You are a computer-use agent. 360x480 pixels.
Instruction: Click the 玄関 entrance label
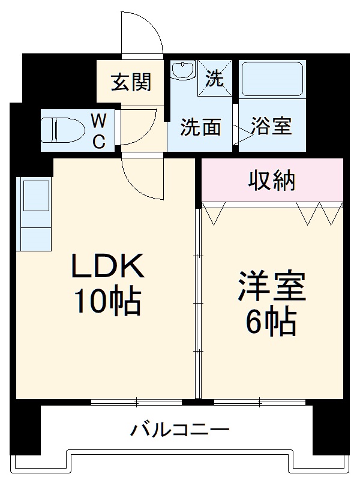130,82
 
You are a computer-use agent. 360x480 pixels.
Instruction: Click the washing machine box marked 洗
215,77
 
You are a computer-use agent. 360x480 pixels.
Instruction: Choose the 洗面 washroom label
202,127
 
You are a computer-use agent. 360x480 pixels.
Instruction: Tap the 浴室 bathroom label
271,127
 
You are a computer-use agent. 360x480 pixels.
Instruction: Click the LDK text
109,266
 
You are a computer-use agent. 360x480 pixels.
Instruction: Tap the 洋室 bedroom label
272,287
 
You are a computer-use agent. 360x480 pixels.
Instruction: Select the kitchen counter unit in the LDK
35,213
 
